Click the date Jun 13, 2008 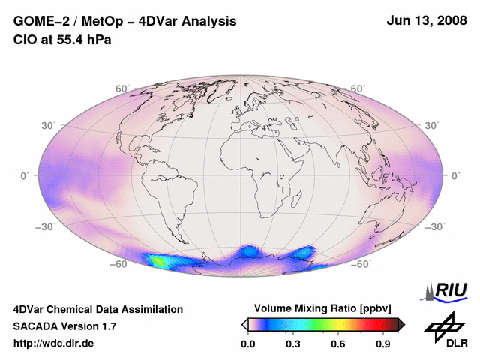click(x=424, y=21)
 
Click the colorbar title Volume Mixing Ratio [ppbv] click(x=320, y=308)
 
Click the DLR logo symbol click(x=445, y=324)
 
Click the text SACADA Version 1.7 click(x=64, y=326)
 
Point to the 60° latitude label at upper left click(x=122, y=88)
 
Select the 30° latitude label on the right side click(x=433, y=125)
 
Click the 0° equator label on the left click(x=24, y=175)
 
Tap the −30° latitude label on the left click(x=47, y=226)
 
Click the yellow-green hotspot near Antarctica click(x=160, y=261)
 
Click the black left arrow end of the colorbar click(x=245, y=324)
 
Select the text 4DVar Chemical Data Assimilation click(x=97, y=309)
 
